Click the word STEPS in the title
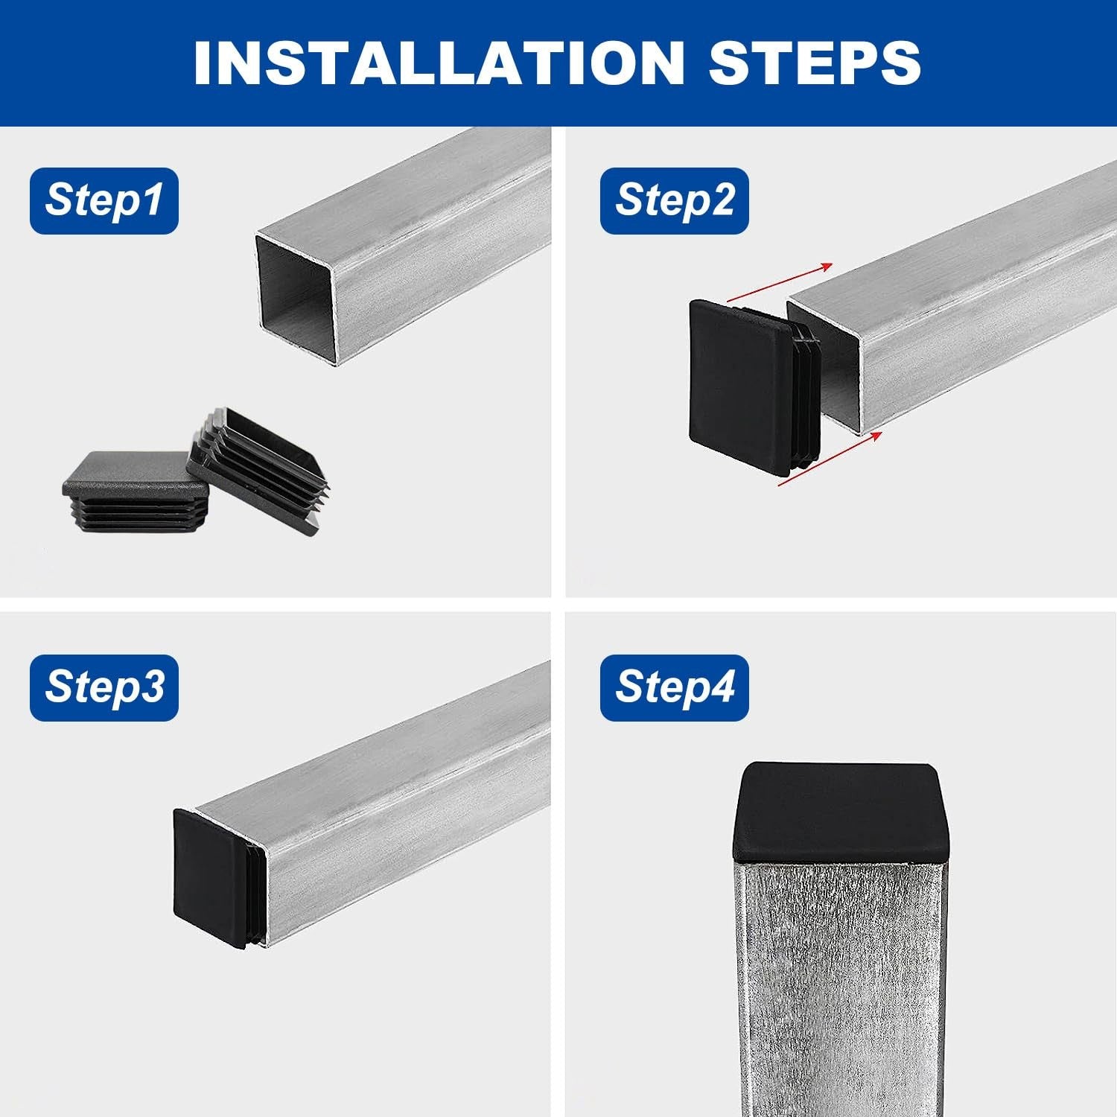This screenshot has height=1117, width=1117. [815, 63]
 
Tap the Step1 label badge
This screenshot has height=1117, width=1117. [104, 201]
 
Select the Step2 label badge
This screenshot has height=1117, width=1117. [675, 201]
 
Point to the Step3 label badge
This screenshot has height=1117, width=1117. [104, 688]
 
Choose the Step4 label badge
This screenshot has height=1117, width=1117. [675, 688]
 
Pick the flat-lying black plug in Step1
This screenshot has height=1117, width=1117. [134, 488]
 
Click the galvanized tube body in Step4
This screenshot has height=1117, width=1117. [841, 990]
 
